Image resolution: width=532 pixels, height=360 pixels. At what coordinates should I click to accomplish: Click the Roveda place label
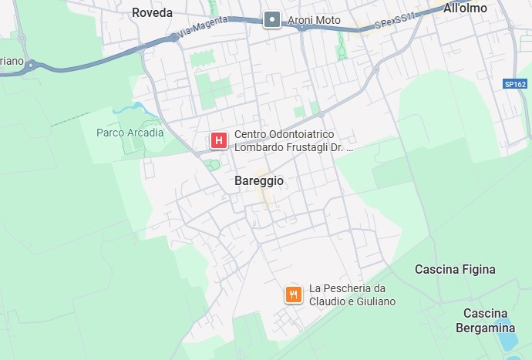[152, 12]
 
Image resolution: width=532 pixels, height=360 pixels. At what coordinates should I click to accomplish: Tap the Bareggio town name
[258, 181]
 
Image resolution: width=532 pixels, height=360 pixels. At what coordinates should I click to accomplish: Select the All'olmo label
[465, 9]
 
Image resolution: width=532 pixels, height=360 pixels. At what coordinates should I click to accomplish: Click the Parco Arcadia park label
[130, 133]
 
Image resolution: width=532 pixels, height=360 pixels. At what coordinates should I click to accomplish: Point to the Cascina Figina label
[455, 270]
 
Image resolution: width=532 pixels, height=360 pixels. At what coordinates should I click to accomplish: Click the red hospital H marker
[219, 140]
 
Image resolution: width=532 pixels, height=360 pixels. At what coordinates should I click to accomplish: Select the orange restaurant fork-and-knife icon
[293, 294]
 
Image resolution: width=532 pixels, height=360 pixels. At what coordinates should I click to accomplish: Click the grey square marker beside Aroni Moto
[271, 20]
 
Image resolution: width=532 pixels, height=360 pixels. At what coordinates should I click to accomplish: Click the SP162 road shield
[515, 83]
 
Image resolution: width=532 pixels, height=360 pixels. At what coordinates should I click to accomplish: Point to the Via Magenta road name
[204, 29]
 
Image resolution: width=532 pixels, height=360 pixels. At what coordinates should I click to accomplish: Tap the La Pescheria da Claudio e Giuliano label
[352, 294]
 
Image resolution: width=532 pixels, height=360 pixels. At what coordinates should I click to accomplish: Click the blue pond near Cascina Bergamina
[505, 338]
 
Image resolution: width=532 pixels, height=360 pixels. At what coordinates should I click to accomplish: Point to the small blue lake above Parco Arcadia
[140, 108]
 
